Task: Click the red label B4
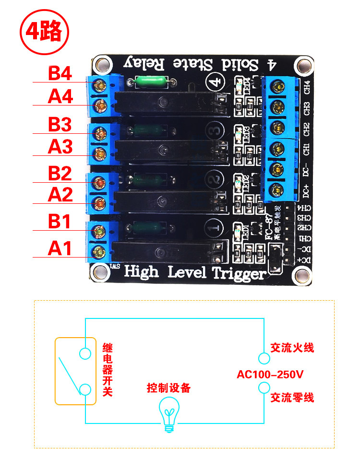click(60, 74)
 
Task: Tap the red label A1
click(60, 249)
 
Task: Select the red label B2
click(60, 174)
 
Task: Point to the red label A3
click(60, 147)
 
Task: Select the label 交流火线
click(292, 348)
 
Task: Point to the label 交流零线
click(292, 398)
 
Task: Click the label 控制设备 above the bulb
click(168, 388)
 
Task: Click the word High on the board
click(141, 272)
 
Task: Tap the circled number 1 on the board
click(215, 227)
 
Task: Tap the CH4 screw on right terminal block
click(276, 86)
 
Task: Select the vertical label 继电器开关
click(108, 369)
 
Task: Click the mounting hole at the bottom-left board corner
click(101, 273)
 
